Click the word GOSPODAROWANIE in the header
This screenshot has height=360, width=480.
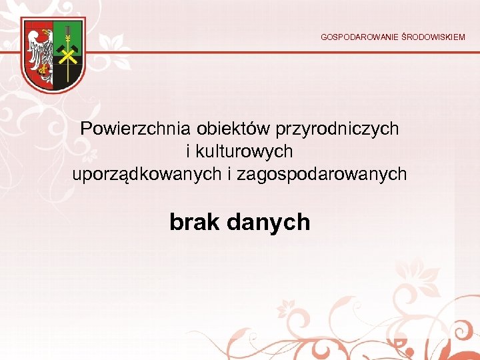(359, 37)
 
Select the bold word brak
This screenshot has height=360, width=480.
(195, 221)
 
